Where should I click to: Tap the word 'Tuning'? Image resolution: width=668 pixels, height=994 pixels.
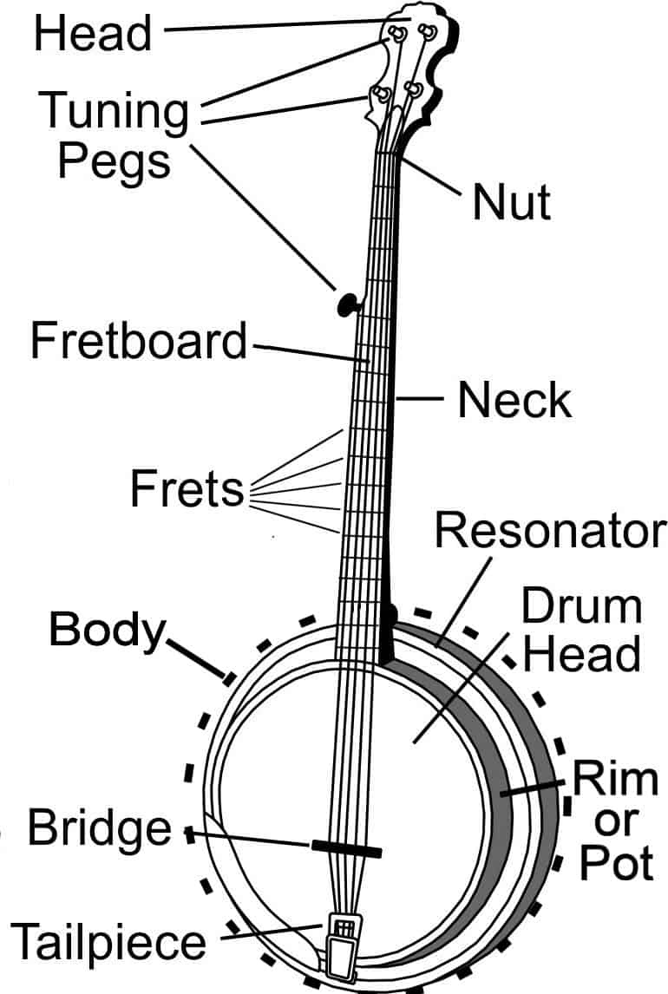[115, 112]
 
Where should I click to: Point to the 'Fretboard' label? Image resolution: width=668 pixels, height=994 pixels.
[139, 341]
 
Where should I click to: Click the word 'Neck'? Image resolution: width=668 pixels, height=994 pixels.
[514, 401]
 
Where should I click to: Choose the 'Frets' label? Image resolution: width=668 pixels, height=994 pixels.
[187, 489]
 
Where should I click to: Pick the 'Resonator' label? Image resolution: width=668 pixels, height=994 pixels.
[550, 531]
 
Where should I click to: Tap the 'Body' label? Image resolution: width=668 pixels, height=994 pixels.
[106, 630]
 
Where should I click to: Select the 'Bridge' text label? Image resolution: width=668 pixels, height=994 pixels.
[100, 827]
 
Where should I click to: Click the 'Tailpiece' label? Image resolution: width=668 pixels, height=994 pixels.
[109, 942]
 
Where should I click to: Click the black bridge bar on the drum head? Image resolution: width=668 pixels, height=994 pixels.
[346, 847]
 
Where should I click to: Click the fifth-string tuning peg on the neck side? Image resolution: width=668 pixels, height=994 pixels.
[347, 303]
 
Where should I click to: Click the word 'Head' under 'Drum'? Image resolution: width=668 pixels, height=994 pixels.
[582, 654]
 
